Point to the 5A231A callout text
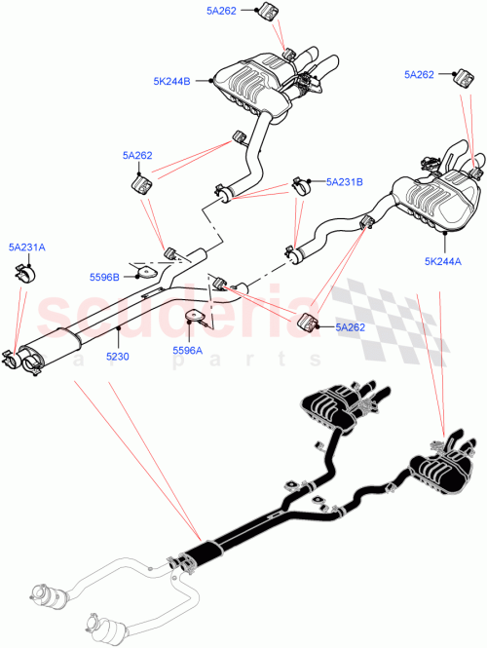(27, 248)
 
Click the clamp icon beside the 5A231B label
(299, 185)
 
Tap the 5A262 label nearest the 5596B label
(137, 154)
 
